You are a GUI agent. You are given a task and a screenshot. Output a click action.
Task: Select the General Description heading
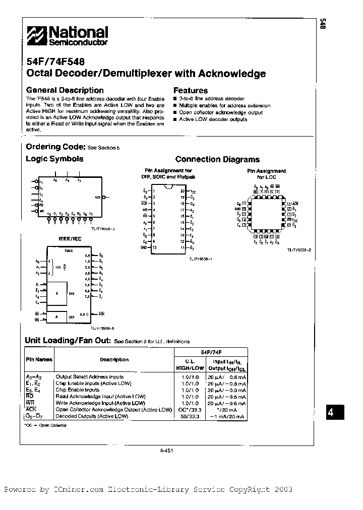pyautogui.click(x=65, y=90)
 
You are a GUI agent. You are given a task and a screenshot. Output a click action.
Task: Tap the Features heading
pyautogui.click(x=191, y=90)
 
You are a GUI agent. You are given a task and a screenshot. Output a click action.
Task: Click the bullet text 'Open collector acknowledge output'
pyautogui.click(x=221, y=112)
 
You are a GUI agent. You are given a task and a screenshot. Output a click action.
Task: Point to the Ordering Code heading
pyautogui.click(x=55, y=147)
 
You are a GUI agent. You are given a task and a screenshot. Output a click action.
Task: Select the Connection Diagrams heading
pyautogui.click(x=217, y=159)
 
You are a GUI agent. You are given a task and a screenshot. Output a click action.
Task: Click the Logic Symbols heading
pyautogui.click(x=54, y=159)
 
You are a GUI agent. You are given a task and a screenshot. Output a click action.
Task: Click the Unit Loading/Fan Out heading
pyautogui.click(x=68, y=341)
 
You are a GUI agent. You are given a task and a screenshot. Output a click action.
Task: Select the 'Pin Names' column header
pyautogui.click(x=39, y=360)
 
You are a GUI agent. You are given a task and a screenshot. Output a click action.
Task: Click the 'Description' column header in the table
pyautogui.click(x=114, y=360)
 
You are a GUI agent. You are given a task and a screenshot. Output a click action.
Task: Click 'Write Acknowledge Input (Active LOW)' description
pyautogui.click(x=100, y=403)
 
